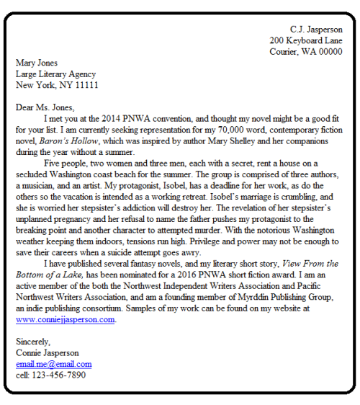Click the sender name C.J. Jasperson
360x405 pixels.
click(316, 30)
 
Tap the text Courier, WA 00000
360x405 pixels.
click(306, 52)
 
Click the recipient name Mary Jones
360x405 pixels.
click(37, 63)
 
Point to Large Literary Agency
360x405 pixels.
click(55, 74)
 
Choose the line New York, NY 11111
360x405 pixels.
click(57, 85)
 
